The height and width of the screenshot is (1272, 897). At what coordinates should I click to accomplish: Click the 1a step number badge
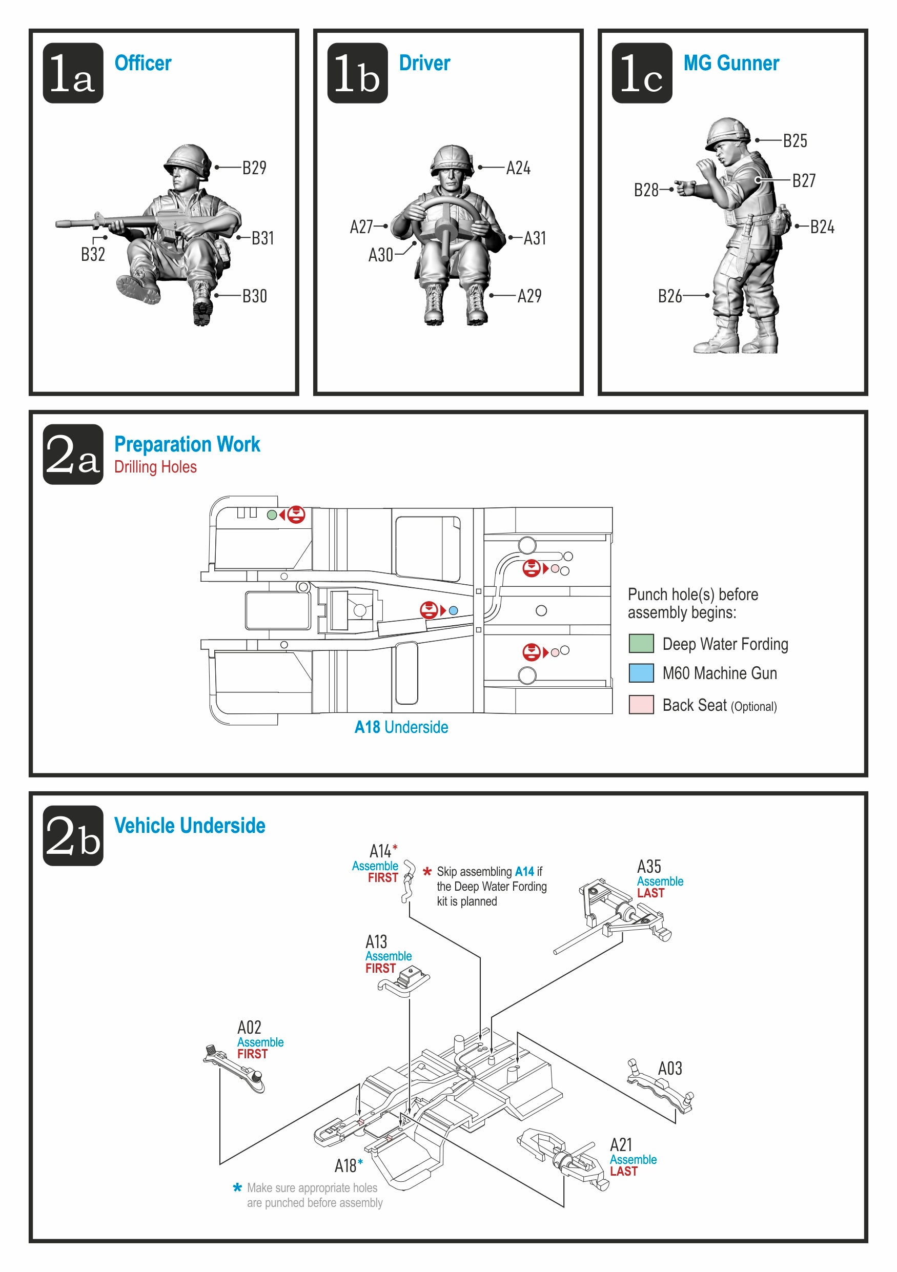73,73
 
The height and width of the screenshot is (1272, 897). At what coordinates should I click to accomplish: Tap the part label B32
93,254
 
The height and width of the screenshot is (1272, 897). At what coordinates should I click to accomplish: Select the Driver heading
424,63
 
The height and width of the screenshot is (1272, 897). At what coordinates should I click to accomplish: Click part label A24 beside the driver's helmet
518,168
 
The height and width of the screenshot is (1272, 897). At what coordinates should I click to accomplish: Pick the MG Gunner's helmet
727,132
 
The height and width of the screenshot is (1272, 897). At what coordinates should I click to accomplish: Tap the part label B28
646,190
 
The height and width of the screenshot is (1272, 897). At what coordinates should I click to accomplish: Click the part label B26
670,296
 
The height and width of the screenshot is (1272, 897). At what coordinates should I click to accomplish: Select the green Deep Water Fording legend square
641,643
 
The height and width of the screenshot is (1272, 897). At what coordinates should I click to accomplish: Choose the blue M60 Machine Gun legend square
641,672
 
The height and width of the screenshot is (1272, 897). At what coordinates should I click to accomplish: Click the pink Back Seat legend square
641,705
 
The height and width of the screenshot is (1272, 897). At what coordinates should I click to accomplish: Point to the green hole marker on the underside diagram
272,515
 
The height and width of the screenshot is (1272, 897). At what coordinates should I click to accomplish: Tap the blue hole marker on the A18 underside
453,610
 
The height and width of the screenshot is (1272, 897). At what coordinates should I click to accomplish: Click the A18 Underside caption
401,727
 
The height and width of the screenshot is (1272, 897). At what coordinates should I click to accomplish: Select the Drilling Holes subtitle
155,467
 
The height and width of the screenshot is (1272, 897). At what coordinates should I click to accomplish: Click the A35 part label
649,866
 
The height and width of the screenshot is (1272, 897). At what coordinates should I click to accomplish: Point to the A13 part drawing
404,980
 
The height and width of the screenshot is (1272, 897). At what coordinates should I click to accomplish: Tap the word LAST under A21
623,1171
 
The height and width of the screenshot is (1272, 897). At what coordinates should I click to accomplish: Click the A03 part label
670,1068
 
